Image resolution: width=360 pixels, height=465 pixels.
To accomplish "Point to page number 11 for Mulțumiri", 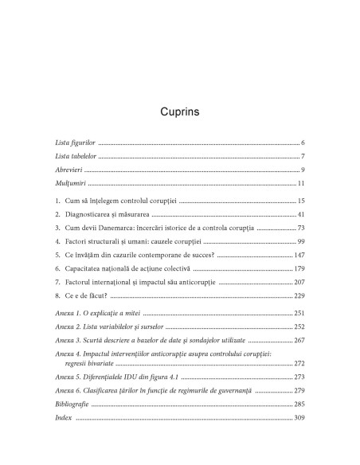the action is [301, 185].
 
